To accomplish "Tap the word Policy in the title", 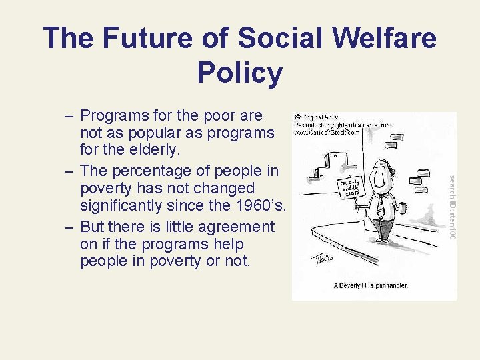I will (x=240, y=73).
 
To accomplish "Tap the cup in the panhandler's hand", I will (x=402, y=208).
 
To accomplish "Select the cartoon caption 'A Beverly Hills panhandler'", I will (x=370, y=285).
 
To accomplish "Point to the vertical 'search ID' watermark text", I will (x=452, y=207).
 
